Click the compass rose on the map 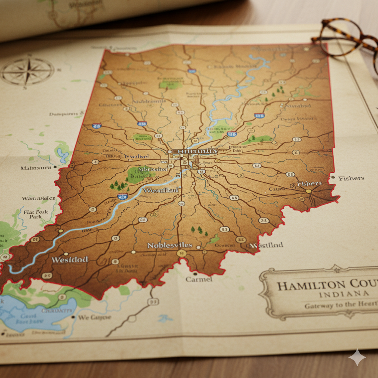click(27, 71)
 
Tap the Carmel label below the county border click(199, 279)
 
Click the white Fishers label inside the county click(309, 183)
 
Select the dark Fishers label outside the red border click(351, 178)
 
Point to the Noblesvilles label click(169, 245)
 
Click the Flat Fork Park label click(35, 214)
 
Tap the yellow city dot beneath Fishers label click(309, 191)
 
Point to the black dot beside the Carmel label click(195, 274)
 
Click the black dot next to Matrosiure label click(55, 167)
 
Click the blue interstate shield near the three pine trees click(123, 196)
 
